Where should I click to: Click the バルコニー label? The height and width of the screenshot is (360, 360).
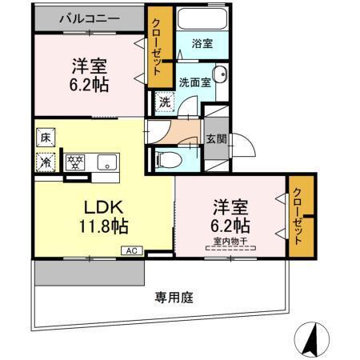point(88,18)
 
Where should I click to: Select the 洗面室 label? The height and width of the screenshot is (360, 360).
point(194,81)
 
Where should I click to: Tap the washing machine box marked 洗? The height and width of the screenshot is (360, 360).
point(163,102)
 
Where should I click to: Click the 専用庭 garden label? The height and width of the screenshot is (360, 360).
point(173,297)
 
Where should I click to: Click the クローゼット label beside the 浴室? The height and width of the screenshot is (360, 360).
point(158,46)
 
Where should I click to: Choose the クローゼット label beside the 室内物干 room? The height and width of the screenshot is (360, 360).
point(299,216)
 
